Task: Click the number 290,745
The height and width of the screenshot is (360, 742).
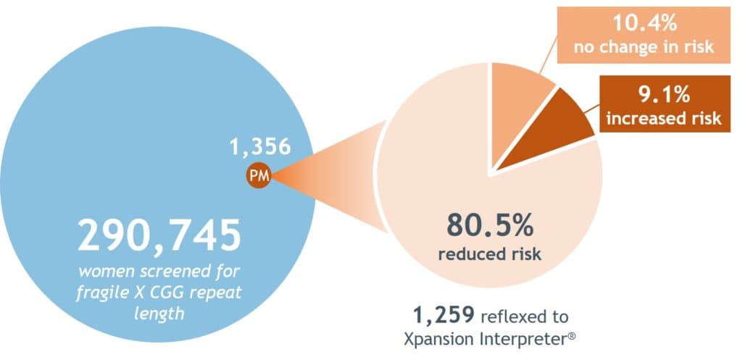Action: point(159,234)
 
